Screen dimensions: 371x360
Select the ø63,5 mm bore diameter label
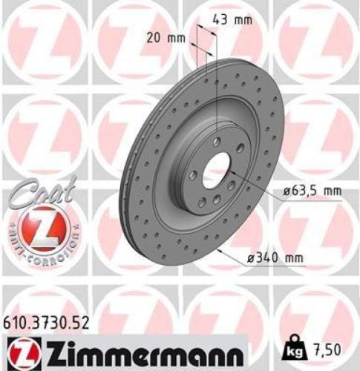(x=312, y=191)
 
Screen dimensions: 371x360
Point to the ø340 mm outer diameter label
(x=275, y=257)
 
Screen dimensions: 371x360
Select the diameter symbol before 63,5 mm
(x=286, y=191)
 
